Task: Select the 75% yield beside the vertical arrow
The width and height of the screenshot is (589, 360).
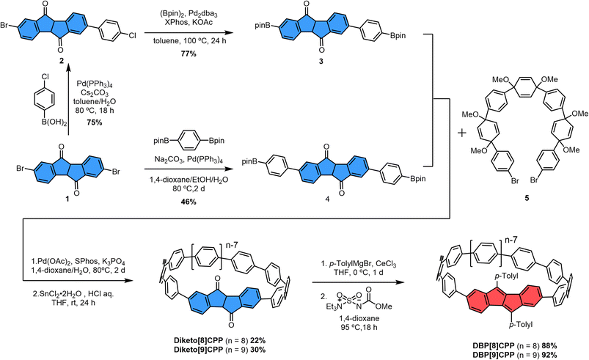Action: [x=95, y=122]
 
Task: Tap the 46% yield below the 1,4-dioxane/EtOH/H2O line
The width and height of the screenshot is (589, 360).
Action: [x=189, y=202]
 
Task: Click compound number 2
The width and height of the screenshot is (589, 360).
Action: [x=62, y=61]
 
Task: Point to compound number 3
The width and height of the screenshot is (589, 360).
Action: [x=321, y=61]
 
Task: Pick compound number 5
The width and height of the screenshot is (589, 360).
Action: [x=527, y=198]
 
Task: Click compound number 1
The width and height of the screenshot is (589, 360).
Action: [x=67, y=199]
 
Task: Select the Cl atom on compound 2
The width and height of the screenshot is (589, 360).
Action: [x=132, y=36]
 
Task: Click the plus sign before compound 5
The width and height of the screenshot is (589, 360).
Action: [x=461, y=133]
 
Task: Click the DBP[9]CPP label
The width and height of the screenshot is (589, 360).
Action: [x=493, y=355]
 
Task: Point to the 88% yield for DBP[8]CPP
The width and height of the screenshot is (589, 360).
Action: [x=549, y=346]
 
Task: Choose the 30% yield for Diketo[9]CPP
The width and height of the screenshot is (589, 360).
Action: [x=258, y=350]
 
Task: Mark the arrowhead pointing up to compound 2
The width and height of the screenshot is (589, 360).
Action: [x=68, y=67]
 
